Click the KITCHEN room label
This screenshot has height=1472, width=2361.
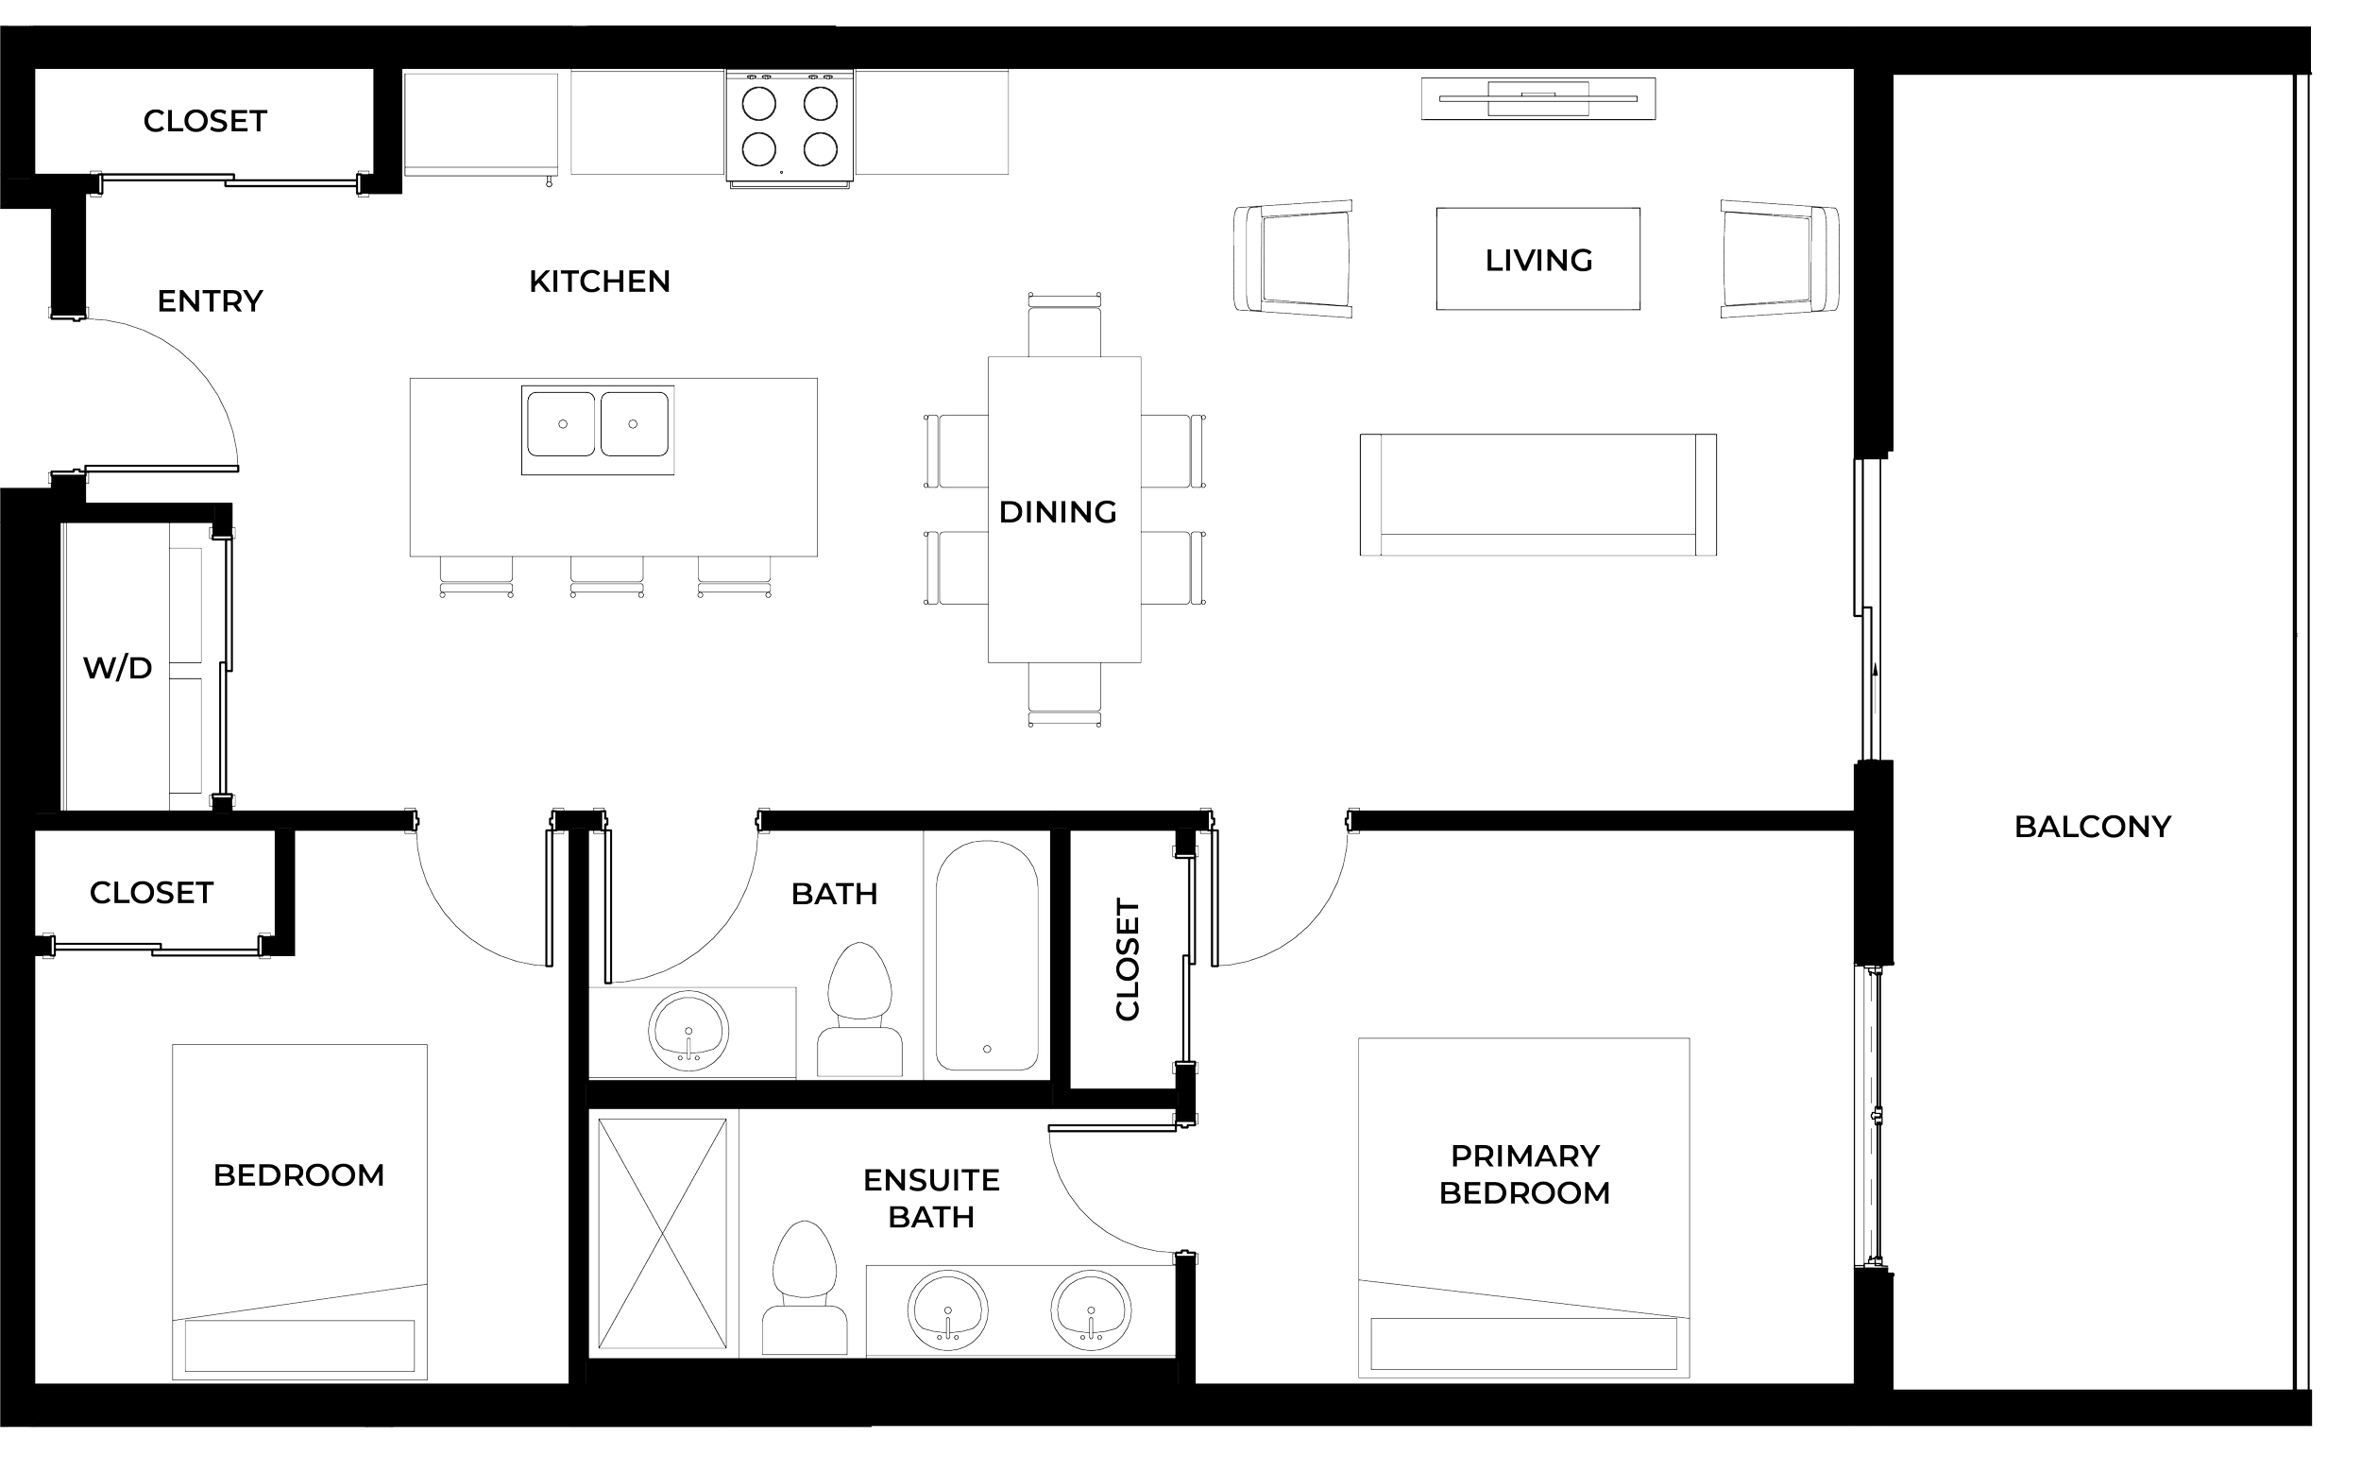pos(600,282)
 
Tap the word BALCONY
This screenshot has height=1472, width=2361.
pos(2093,827)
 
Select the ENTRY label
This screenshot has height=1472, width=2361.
pos(211,300)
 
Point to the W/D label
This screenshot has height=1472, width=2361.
pos(118,669)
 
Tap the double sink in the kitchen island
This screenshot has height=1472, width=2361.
pos(598,426)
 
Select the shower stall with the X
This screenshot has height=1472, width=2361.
pos(662,1235)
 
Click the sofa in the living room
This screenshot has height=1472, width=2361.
pos(1537,494)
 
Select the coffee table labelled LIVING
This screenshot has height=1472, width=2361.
pos(1537,259)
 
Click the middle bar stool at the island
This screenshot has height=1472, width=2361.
pos(606,577)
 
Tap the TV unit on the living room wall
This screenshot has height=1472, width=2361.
pos(1537,98)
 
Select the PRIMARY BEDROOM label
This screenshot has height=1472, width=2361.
pos(1524,1174)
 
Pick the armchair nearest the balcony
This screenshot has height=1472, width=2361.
pos(1779,259)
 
